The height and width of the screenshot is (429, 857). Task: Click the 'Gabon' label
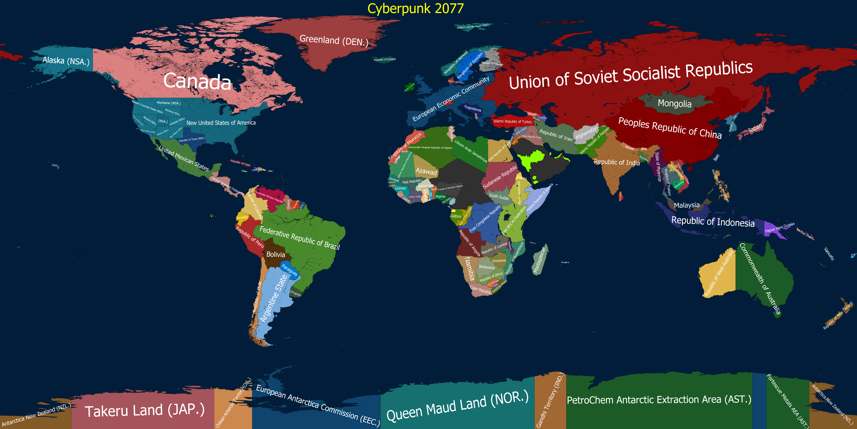[456, 216]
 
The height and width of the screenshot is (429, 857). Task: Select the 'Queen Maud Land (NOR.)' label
[457, 405]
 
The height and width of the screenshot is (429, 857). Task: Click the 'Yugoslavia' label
[472, 108]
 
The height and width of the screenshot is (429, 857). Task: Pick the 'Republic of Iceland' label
[385, 60]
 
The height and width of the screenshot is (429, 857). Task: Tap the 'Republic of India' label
[616, 162]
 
